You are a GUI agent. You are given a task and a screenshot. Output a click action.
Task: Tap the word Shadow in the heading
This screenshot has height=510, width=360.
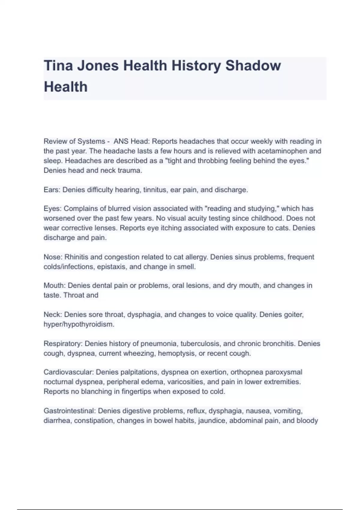pos(253,65)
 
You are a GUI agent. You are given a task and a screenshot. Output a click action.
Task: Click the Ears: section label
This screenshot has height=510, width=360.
pos(52,190)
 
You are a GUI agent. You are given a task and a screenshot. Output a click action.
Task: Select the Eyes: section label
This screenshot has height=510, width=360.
pos(52,208)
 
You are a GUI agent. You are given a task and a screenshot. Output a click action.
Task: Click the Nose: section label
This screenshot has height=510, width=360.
pos(53,257)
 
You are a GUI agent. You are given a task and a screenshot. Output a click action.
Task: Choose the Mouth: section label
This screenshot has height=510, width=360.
pos(55,285)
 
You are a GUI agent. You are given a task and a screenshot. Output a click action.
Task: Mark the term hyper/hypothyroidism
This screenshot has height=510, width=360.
pos(79,324)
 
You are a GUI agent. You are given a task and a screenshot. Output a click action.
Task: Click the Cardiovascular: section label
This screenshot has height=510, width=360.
pos(69,372)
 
